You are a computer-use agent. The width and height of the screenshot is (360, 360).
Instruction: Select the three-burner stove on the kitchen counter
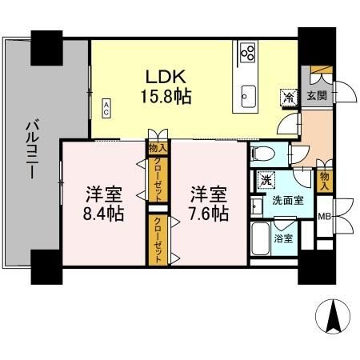click(248, 54)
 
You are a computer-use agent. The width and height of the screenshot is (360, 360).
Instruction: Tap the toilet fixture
click(260, 153)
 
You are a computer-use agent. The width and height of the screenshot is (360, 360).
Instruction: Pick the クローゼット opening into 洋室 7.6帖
click(157, 238)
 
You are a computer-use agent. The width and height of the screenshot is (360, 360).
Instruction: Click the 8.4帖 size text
click(105, 214)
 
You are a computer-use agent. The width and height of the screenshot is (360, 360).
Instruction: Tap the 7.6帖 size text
click(208, 214)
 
